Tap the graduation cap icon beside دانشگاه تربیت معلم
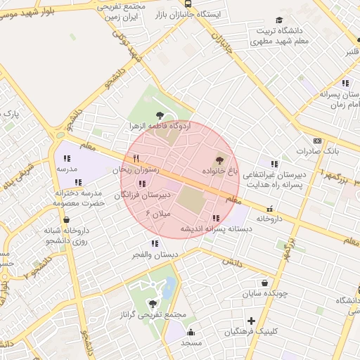(279, 20)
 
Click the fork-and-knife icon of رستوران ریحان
(136, 158)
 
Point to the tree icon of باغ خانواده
(218, 160)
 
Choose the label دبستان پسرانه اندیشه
(210, 229)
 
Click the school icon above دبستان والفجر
(155, 243)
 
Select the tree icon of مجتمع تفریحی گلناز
(153, 304)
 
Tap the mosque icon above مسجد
(191, 331)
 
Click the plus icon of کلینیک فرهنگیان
(251, 321)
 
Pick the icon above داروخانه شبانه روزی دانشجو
(66, 219)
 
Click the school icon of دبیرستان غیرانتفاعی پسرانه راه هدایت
(274, 164)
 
